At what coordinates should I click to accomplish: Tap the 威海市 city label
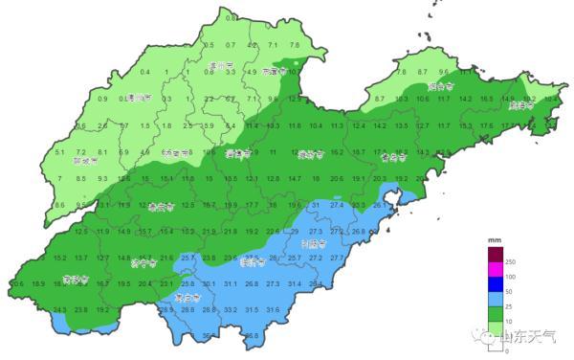(519, 105)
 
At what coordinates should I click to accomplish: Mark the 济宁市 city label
(142, 262)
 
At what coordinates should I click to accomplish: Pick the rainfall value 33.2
(230, 309)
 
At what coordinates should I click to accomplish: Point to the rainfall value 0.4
(145, 73)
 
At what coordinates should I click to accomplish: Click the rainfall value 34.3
(59, 309)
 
